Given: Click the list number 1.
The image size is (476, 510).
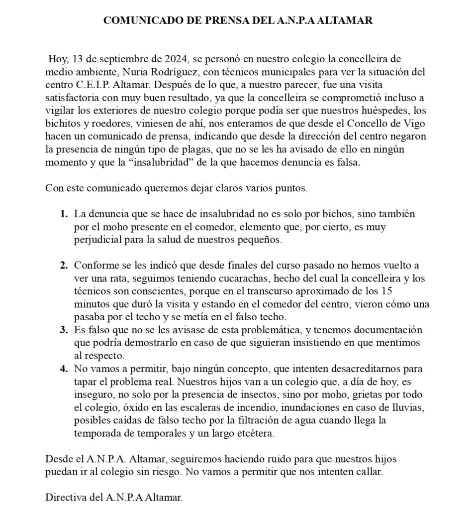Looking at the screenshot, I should pos(64,214).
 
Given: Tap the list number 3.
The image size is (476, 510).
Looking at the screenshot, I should pos(64,330).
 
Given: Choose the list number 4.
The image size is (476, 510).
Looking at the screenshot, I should pos(64,369).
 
